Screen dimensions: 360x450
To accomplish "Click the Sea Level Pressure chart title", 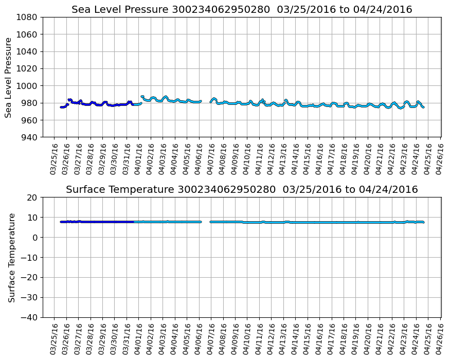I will point(242,10).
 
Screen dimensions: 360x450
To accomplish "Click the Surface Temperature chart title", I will point(242,190).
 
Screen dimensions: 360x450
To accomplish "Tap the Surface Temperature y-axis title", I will point(11,257).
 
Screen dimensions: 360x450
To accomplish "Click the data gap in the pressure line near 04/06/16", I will point(206,101).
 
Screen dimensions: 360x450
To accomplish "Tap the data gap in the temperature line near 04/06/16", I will point(205,222).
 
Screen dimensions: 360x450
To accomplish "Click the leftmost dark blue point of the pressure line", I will point(61,107).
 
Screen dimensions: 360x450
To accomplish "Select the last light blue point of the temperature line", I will point(423,222).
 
